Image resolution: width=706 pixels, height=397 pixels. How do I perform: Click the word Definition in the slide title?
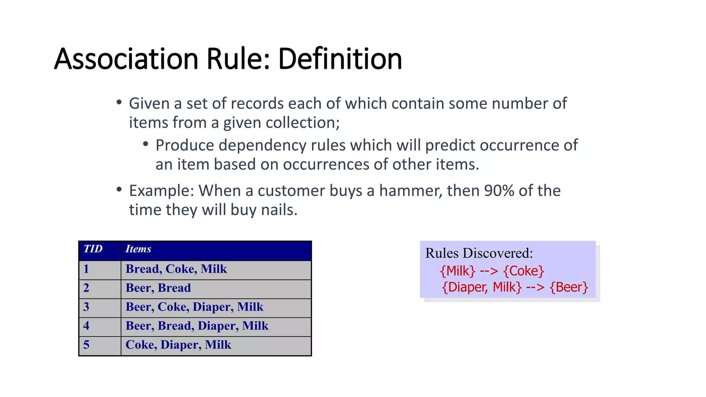[x=340, y=59]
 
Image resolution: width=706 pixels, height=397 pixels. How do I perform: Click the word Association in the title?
[x=126, y=59]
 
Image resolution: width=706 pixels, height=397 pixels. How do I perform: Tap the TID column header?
[x=93, y=249]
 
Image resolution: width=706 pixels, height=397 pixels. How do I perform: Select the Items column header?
[x=138, y=249]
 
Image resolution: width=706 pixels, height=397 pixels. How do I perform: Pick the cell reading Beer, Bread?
[x=158, y=288]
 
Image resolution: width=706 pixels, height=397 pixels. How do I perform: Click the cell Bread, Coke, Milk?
[x=176, y=269]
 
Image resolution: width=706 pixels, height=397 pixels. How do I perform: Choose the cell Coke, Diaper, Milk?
[x=178, y=345]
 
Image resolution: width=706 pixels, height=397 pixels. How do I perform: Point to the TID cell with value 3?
[x=86, y=307]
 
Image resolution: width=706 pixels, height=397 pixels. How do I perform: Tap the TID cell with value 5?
[x=86, y=345]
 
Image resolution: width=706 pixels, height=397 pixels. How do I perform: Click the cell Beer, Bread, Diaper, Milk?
[x=197, y=326]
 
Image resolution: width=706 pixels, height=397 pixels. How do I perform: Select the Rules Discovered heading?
[x=479, y=253]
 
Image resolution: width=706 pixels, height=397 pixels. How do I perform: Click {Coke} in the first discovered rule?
[x=524, y=271]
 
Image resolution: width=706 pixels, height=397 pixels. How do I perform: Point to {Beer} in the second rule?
[x=569, y=287]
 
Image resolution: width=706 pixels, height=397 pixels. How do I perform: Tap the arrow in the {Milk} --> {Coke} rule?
[x=489, y=271]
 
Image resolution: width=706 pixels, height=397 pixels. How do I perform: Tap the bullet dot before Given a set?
[x=119, y=102]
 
